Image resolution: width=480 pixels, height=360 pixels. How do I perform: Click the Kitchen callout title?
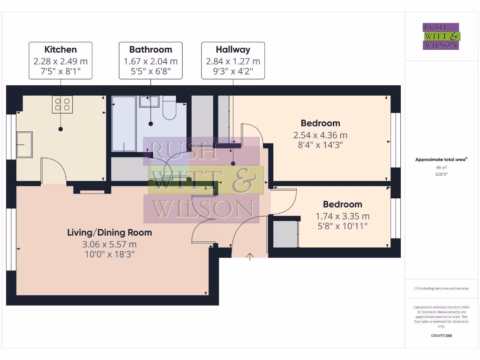click(60, 49)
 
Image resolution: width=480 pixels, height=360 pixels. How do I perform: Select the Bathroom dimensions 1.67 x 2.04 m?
click(150, 61)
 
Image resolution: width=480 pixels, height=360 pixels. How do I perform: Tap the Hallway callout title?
click(233, 49)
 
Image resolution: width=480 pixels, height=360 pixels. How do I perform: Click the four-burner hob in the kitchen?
click(62, 104)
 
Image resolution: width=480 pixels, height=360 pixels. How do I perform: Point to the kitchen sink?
click(25, 144)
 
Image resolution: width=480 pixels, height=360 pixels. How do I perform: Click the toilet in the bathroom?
click(169, 108)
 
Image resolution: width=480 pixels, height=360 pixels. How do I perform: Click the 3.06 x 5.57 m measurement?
click(110, 244)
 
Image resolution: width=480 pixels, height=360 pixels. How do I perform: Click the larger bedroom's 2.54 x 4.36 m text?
click(321, 135)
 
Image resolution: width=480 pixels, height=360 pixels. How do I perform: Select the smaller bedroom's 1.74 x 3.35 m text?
click(343, 216)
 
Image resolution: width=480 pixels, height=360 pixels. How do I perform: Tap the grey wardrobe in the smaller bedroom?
click(285, 233)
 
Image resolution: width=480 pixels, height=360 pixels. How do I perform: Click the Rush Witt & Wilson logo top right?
click(441, 37)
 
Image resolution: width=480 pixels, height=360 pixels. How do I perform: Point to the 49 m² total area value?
click(441, 167)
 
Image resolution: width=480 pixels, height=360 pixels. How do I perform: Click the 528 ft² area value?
click(441, 174)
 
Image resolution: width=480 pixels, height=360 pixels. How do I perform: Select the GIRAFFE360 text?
click(441, 336)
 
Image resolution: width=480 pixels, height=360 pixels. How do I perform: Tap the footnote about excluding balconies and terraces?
click(441, 289)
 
